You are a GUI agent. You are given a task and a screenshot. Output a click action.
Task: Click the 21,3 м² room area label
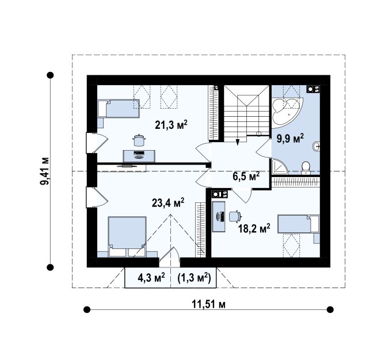click(171, 125)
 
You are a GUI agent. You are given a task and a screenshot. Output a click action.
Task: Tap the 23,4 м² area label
click(168, 202)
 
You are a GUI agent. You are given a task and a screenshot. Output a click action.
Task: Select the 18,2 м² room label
click(254, 229)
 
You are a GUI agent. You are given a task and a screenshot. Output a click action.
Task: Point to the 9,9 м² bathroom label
click(290, 139)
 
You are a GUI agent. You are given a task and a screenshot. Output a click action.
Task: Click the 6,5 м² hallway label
click(246, 176)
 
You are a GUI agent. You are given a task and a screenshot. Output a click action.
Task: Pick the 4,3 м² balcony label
click(151, 278)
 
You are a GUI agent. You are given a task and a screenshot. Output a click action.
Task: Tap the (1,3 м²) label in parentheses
click(194, 278)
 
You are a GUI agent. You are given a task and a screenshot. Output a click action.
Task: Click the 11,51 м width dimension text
click(208, 304)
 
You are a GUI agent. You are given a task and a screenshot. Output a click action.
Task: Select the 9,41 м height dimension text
click(44, 171)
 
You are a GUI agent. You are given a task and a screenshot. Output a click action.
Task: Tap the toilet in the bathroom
click(306, 168)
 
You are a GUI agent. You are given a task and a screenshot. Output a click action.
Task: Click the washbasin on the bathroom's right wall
click(317, 146)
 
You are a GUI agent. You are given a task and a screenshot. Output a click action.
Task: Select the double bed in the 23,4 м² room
click(127, 236)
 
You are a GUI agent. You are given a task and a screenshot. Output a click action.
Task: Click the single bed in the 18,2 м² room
click(299, 224)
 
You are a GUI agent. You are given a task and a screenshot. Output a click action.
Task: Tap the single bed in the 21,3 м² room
click(119, 109)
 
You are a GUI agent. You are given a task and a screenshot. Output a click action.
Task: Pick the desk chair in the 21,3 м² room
click(139, 140)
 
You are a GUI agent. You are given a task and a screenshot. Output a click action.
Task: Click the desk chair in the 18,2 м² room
click(235, 216)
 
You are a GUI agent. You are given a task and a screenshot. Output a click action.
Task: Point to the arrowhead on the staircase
click(238, 142)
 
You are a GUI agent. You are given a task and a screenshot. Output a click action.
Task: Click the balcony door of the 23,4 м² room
click(169, 257)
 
